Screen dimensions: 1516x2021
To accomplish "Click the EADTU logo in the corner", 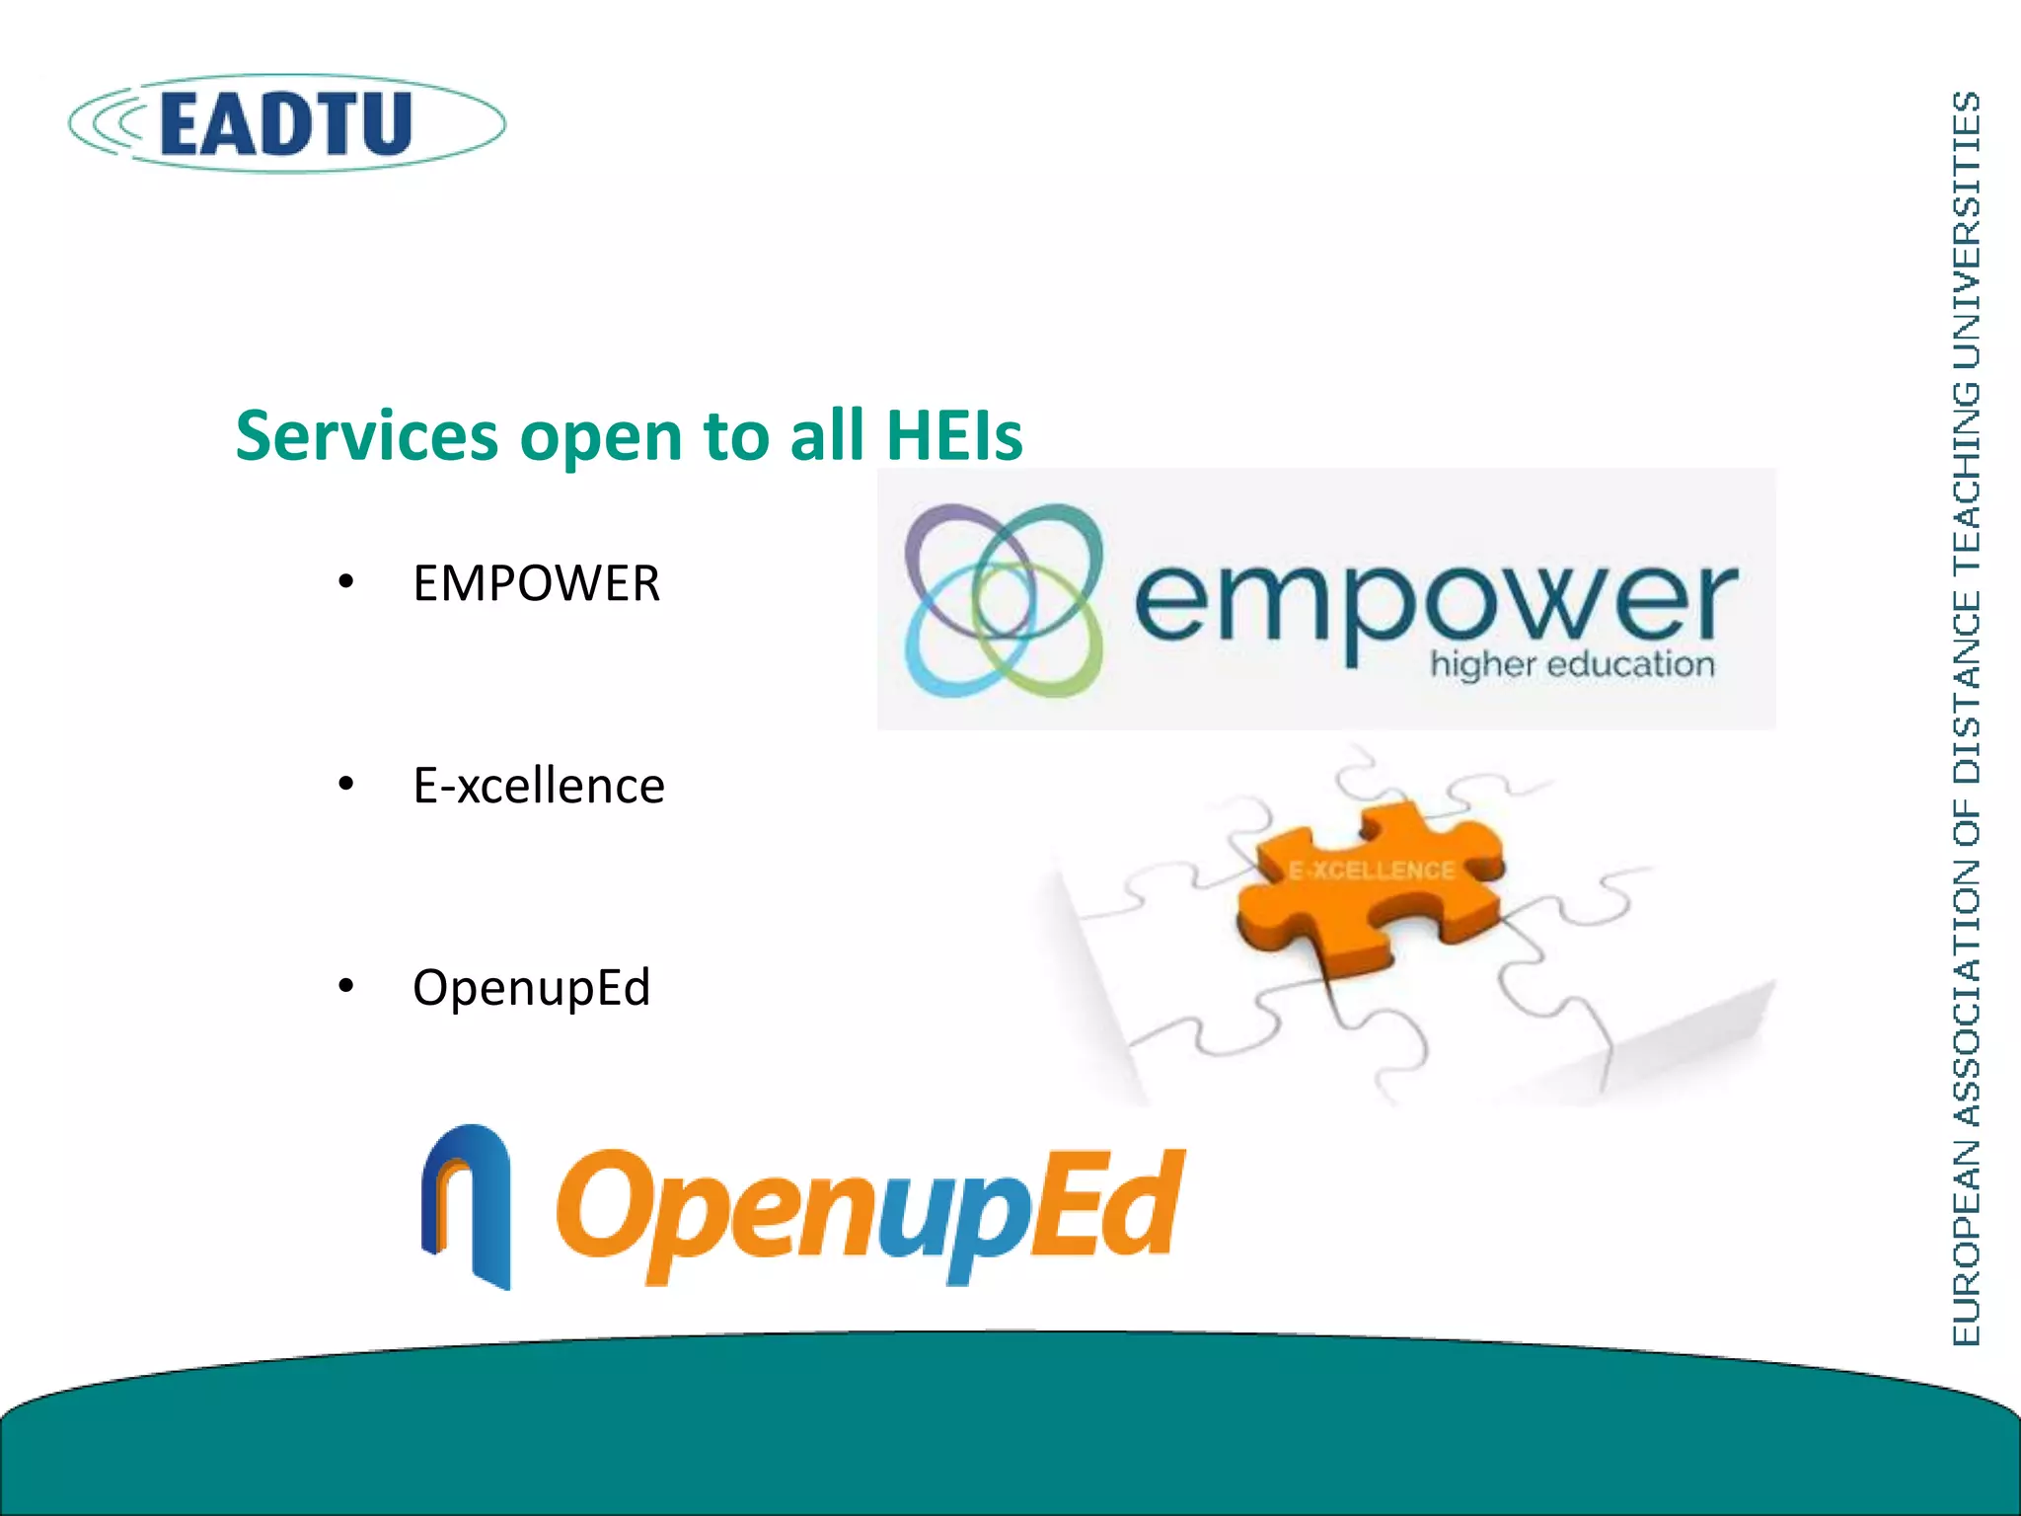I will point(286,123).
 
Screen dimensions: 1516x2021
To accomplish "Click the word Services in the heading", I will point(366,435).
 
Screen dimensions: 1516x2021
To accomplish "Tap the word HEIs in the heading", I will point(954,435).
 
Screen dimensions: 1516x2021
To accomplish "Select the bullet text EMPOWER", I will point(536,583).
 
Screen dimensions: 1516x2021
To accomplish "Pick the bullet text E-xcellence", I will point(539,786).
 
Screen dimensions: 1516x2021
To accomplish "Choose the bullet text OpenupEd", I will point(532,987).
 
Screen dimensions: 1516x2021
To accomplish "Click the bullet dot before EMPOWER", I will point(345,582).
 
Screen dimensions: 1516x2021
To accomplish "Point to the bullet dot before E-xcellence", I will point(345,785).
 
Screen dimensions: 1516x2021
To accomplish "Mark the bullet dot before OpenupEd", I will point(345,986).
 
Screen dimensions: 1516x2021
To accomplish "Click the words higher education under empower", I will point(1572,664).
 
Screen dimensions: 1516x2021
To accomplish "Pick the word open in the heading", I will point(600,437).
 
